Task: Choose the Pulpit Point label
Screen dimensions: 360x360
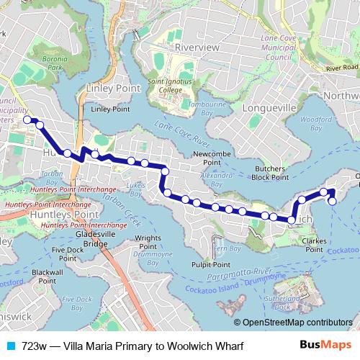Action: [210, 264]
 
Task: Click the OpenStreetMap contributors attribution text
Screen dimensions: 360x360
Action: [297, 322]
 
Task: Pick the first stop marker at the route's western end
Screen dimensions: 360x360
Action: [27, 120]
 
